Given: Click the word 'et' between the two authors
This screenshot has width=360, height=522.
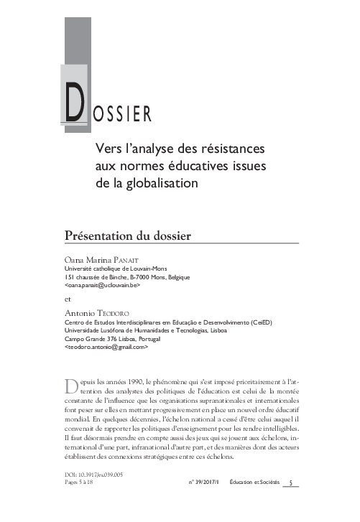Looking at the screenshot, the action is coord(68,299).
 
